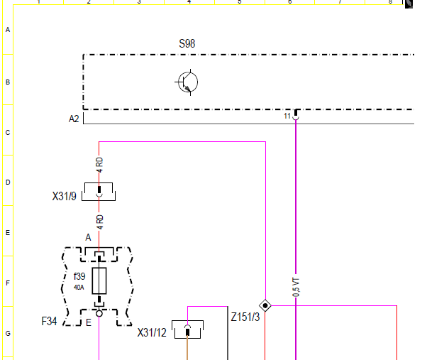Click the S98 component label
[187, 43]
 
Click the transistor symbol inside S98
[187, 82]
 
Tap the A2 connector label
[74, 119]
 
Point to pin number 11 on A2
[287, 116]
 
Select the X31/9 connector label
[65, 196]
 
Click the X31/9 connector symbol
[99, 192]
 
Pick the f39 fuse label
[79, 276]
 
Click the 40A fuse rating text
[79, 288]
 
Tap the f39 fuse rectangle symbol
[99, 281]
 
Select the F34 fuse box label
[49, 321]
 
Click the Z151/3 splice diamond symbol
[265, 305]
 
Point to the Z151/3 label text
[245, 317]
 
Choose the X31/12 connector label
[152, 332]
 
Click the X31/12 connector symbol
[188, 329]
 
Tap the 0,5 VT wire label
[296, 288]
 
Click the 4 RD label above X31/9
[100, 165]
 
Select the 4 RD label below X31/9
[100, 222]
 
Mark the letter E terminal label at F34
[89, 322]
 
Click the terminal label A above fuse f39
[88, 237]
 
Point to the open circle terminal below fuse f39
[99, 313]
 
